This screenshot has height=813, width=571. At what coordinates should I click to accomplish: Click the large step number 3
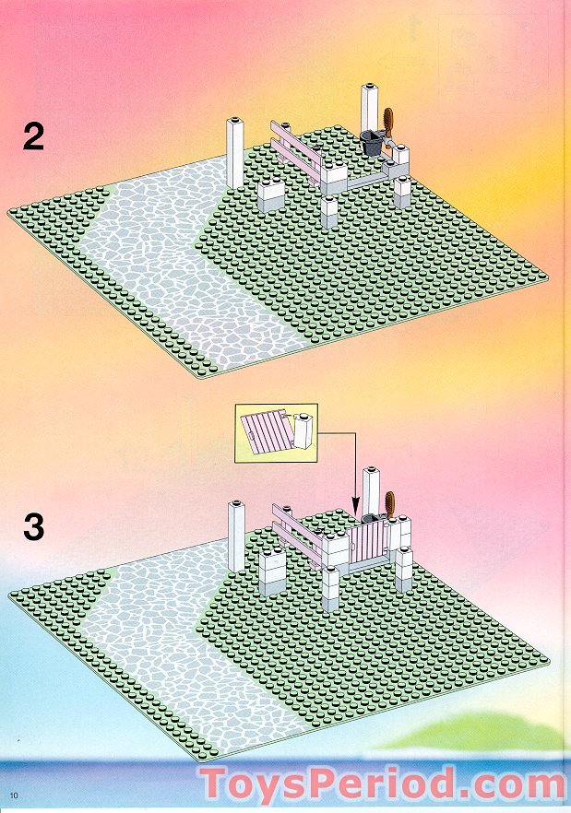click(x=34, y=527)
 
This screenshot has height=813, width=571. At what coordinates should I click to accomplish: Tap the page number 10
click(x=14, y=795)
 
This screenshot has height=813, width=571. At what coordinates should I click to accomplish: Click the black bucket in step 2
click(x=372, y=142)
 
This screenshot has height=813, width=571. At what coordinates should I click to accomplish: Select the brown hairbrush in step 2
click(x=387, y=126)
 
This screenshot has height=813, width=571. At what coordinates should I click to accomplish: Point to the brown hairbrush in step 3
click(x=390, y=506)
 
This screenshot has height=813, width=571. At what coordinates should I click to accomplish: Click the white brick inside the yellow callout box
click(x=305, y=431)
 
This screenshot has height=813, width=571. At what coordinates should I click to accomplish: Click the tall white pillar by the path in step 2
click(x=234, y=153)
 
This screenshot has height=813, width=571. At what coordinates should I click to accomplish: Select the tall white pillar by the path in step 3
click(x=236, y=536)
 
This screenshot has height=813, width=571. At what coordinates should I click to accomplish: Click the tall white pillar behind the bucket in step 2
click(x=371, y=109)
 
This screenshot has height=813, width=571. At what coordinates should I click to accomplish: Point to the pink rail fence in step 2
click(x=296, y=146)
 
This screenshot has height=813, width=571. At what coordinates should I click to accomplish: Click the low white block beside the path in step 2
click(x=271, y=196)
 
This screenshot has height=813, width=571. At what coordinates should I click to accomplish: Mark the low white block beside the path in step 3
click(x=272, y=573)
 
